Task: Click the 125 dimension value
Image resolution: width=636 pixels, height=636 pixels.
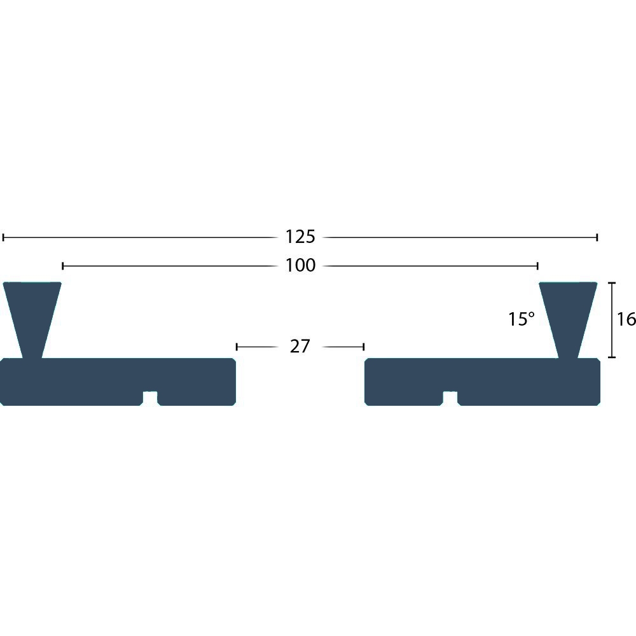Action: [300, 237]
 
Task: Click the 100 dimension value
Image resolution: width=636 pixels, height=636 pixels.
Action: [300, 265]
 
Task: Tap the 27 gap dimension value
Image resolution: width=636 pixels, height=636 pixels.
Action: [300, 347]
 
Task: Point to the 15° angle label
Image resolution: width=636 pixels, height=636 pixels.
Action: [522, 319]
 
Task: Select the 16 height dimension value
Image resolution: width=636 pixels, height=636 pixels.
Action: [626, 319]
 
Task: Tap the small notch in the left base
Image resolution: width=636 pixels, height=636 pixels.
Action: [150, 398]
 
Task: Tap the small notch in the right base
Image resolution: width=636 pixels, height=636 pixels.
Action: [450, 398]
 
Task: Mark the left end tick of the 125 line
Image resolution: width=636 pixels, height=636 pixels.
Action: [3, 237]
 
